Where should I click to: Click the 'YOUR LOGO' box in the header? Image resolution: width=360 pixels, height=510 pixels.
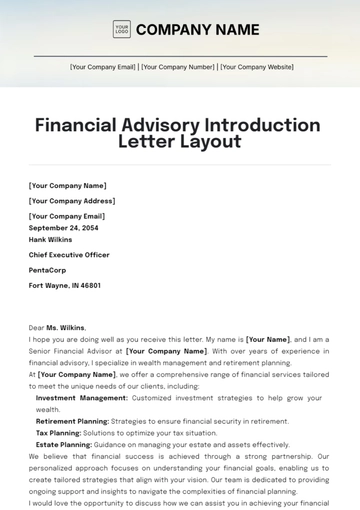(x=122, y=29)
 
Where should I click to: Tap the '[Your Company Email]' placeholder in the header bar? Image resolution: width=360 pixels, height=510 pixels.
(x=103, y=67)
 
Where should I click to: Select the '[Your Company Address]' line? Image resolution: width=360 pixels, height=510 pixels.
(x=71, y=200)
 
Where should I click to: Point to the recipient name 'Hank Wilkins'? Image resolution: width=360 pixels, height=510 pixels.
(x=52, y=240)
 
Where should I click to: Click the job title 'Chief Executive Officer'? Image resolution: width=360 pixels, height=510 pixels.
(x=69, y=255)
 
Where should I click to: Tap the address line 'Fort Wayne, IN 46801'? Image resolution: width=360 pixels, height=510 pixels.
(x=65, y=285)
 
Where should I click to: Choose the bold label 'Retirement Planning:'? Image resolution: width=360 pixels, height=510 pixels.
(x=71, y=421)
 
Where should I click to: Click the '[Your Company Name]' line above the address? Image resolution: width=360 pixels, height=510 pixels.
(x=67, y=185)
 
